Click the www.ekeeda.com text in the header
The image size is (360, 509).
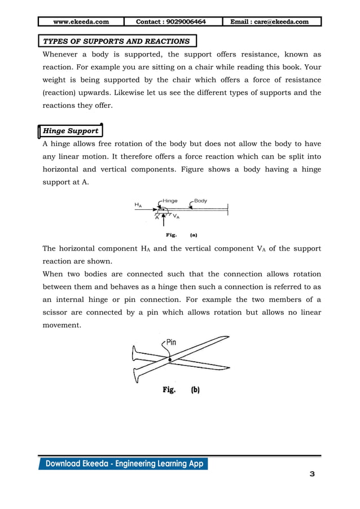80,22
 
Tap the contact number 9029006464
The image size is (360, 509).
171,22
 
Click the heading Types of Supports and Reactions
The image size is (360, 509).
117,41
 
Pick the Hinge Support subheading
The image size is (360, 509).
71,131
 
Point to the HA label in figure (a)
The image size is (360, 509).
138,205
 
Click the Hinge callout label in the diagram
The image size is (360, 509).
170,200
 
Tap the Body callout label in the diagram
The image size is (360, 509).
200,200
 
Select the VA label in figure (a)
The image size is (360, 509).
176,216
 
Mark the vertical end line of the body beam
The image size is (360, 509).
228,209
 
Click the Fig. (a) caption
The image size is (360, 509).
181,234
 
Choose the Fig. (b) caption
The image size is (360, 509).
181,389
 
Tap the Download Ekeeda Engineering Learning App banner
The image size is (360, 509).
124,464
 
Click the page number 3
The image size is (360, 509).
312,474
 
